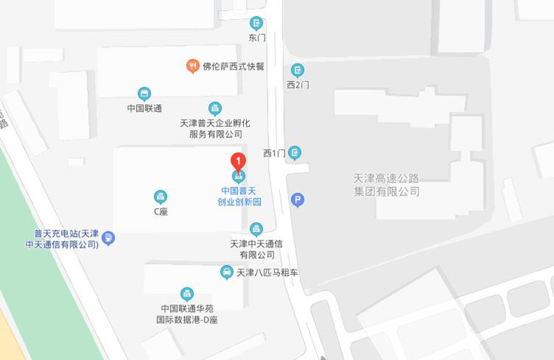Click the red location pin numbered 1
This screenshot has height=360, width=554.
238,162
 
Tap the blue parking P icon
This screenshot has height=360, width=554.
298,201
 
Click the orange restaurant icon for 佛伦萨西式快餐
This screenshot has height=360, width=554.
193,66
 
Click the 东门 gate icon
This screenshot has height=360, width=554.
257,23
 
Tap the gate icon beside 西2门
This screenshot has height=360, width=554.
298,70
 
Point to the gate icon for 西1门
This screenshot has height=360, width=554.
296,152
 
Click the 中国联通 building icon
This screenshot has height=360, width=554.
144,94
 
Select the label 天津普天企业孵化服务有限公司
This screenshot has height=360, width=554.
215,128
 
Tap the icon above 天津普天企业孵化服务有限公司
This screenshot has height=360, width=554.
215,108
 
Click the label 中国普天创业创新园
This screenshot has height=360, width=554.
238,196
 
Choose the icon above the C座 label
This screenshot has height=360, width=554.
161,197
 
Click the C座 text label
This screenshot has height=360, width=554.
161,211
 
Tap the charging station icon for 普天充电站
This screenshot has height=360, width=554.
108,239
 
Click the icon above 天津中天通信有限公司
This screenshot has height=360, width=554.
256,229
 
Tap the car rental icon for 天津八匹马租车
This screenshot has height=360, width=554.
226,272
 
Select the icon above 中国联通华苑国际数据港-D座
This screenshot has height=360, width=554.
186,294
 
